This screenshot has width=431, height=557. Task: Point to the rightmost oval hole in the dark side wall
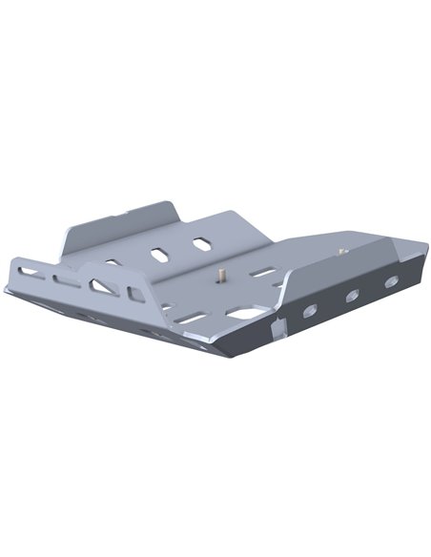coord(389,282)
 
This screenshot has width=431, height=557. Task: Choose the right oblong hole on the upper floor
coord(202,245)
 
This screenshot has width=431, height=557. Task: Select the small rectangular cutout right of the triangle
coord(136,292)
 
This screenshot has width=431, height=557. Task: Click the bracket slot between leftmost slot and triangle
coord(68,280)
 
